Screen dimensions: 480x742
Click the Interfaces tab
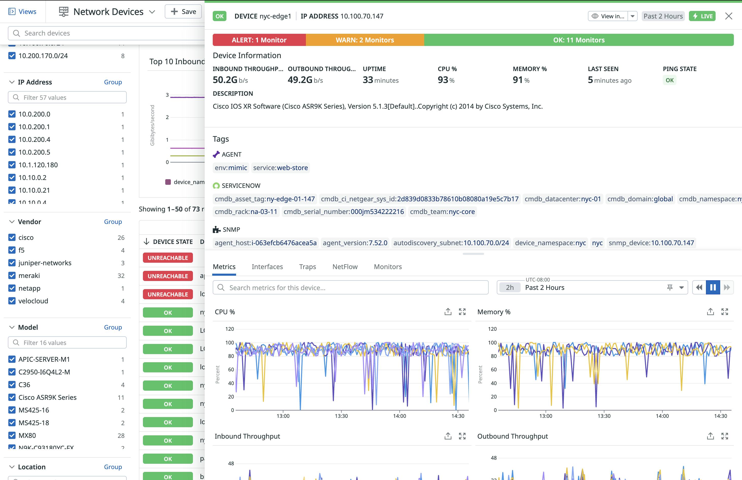coord(267,267)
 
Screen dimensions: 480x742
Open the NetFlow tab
coord(345,267)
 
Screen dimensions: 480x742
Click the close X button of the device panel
coord(728,16)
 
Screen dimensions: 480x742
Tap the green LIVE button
coord(702,16)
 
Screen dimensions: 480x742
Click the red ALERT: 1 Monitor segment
coord(259,40)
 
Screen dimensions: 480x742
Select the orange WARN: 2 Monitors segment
coord(365,40)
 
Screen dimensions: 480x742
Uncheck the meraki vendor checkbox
coord(12,275)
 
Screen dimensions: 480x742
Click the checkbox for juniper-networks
coord(12,263)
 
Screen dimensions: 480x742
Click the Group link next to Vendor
coord(113,222)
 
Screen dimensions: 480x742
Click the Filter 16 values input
coord(67,342)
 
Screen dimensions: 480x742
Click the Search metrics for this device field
coord(350,287)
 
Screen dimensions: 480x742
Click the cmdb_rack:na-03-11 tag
coord(246,212)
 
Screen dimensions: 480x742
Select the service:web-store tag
coord(280,168)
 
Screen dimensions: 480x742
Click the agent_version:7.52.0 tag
coord(355,243)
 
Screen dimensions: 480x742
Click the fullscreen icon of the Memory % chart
coord(724,312)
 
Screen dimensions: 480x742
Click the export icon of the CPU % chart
coord(448,312)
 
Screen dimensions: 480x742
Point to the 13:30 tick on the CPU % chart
coord(341,416)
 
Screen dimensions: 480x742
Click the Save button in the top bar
coord(183,11)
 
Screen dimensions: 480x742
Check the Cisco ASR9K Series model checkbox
coord(12,398)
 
